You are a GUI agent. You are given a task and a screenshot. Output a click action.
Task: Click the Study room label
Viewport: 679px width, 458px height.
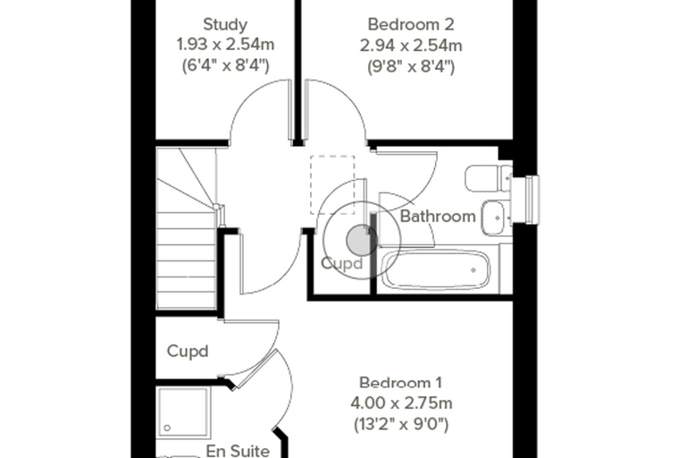pyautogui.click(x=225, y=25)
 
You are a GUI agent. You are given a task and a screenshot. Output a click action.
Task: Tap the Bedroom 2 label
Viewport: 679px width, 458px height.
pyautogui.click(x=411, y=24)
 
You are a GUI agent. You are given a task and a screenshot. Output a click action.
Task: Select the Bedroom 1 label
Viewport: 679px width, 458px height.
pyautogui.click(x=400, y=383)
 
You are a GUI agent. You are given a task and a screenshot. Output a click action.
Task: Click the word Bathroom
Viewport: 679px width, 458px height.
pyautogui.click(x=438, y=216)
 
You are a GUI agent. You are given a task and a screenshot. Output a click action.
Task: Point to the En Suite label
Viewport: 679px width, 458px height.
pyautogui.click(x=238, y=451)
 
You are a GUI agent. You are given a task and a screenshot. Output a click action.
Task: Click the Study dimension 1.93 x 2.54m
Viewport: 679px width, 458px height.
pyautogui.click(x=225, y=45)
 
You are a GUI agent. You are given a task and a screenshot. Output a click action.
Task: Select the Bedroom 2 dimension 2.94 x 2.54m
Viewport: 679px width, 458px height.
pyautogui.click(x=411, y=45)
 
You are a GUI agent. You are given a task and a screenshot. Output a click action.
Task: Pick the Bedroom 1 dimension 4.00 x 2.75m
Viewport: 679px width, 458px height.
pyautogui.click(x=401, y=403)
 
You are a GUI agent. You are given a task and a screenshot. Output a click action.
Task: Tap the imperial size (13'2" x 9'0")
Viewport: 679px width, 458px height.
pyautogui.click(x=401, y=424)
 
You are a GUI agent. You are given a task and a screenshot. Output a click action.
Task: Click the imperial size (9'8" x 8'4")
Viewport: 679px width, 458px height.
pyautogui.click(x=411, y=66)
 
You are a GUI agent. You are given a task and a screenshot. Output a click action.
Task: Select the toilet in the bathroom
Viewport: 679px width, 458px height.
pyautogui.click(x=489, y=178)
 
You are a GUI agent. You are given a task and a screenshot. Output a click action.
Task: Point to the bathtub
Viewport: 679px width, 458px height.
pyautogui.click(x=437, y=270)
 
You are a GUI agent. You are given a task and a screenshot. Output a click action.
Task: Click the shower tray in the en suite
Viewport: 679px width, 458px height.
pyautogui.click(x=183, y=411)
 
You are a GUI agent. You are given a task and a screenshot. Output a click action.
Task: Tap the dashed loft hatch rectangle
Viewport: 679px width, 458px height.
pyautogui.click(x=332, y=185)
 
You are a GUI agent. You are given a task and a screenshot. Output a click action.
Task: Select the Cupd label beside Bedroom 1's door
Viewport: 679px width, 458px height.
pyautogui.click(x=188, y=351)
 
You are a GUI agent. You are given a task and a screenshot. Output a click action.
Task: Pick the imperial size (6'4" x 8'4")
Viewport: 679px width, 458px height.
pyautogui.click(x=225, y=66)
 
